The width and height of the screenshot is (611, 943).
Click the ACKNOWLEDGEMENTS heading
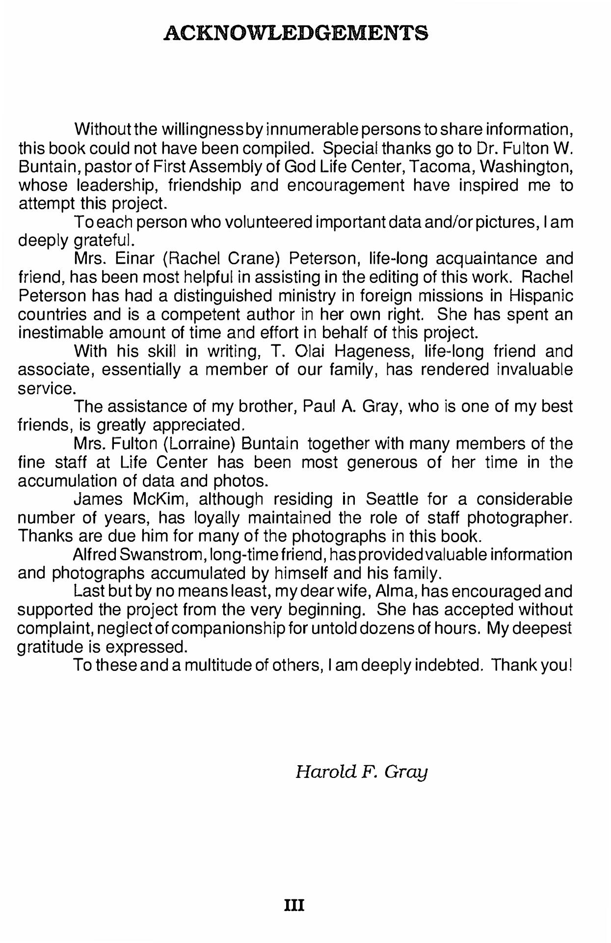coord(295,33)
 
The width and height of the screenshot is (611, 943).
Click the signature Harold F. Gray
coord(362,772)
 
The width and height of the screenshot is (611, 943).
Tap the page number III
coord(294,905)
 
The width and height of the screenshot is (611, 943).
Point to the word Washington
coord(526,167)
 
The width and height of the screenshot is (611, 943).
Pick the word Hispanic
coord(541,296)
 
